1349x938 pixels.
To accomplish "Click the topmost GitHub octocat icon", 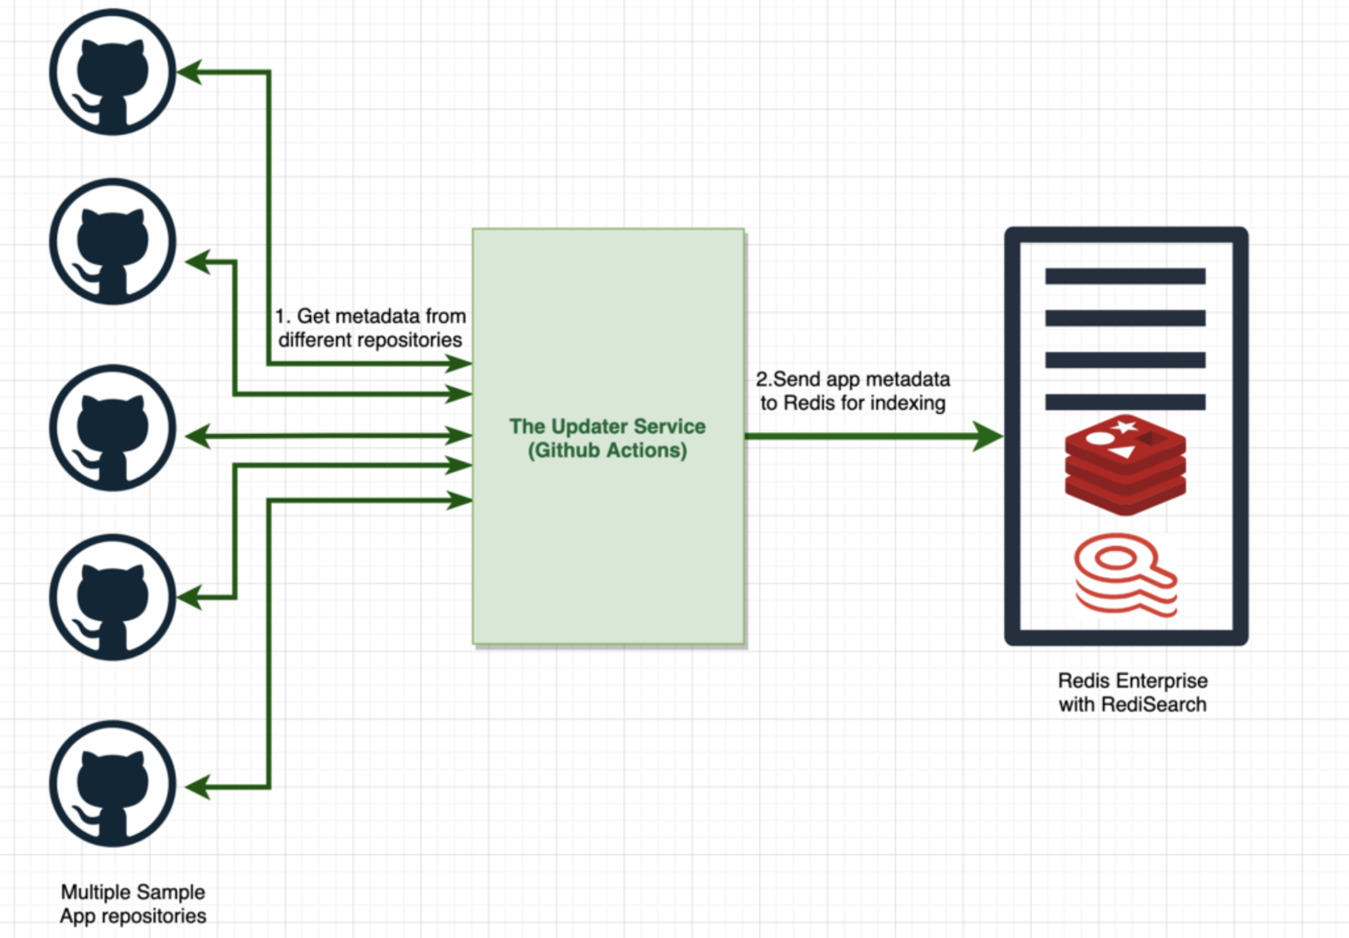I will pos(112,72).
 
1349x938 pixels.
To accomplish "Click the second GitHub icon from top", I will pos(112,241).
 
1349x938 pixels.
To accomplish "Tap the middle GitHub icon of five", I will pos(112,428).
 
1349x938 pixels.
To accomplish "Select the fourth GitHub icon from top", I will pos(112,597).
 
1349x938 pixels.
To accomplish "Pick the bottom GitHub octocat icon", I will pos(112,783).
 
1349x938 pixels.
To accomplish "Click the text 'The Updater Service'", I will pos(607,426).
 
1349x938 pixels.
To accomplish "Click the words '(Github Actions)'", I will pos(607,450).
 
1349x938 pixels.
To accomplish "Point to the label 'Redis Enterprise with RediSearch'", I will pos(1132,692).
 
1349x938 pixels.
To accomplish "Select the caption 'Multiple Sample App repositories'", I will pos(133,904).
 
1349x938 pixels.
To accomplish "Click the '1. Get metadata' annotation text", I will pos(370,316).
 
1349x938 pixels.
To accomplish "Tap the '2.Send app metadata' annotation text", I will pos(852,379).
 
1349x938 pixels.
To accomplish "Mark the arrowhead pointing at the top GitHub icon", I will pos(190,72).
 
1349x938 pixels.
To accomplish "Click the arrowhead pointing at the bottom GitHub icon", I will pos(198,787).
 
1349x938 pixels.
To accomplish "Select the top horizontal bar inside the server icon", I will pos(1125,276).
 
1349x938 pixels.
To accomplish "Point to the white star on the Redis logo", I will pos(1124,426).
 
